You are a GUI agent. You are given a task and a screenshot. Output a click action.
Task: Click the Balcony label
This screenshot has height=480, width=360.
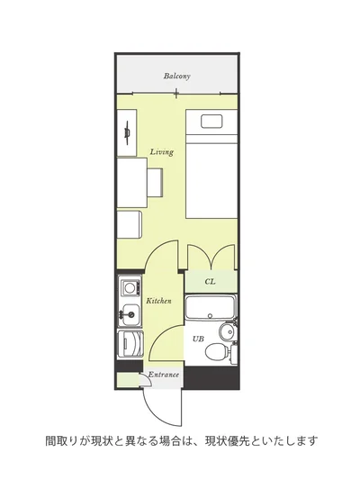(x=176, y=76)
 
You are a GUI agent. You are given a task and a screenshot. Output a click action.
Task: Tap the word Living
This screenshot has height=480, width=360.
(x=162, y=152)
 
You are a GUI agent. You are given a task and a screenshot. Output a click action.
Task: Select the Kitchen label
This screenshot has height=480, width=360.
(x=158, y=301)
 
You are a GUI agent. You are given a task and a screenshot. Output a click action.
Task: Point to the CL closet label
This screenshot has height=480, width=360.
(x=210, y=281)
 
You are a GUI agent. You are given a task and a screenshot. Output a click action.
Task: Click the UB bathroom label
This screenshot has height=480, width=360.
(x=198, y=339)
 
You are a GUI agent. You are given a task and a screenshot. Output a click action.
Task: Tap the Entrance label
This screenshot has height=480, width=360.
(x=163, y=375)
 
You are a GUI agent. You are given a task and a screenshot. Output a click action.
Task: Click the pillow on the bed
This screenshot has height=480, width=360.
(x=211, y=122)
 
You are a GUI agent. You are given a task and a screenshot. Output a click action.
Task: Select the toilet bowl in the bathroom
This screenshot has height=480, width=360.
(x=217, y=351)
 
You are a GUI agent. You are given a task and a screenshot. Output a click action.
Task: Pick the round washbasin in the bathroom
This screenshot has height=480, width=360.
(x=227, y=331)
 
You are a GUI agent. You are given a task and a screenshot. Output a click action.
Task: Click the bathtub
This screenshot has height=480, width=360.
(x=210, y=307)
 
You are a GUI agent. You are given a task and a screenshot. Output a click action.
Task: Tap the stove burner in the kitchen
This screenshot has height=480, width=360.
(x=130, y=288)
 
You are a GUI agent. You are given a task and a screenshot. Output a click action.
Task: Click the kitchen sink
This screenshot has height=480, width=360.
(x=130, y=314)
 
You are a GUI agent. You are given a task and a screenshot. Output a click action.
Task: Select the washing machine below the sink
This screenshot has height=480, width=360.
(x=130, y=344)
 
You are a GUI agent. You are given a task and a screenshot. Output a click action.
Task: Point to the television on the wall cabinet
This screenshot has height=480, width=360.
(x=127, y=133)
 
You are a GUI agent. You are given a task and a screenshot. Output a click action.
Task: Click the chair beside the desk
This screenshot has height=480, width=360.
(x=155, y=182)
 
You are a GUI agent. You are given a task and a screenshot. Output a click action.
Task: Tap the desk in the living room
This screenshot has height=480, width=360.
(x=132, y=183)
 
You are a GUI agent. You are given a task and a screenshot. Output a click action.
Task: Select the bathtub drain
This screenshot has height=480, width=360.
(x=210, y=316)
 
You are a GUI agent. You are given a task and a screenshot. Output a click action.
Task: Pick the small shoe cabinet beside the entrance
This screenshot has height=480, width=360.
(x=128, y=381)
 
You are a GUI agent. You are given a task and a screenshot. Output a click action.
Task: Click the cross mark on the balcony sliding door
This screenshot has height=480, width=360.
(x=176, y=93)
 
